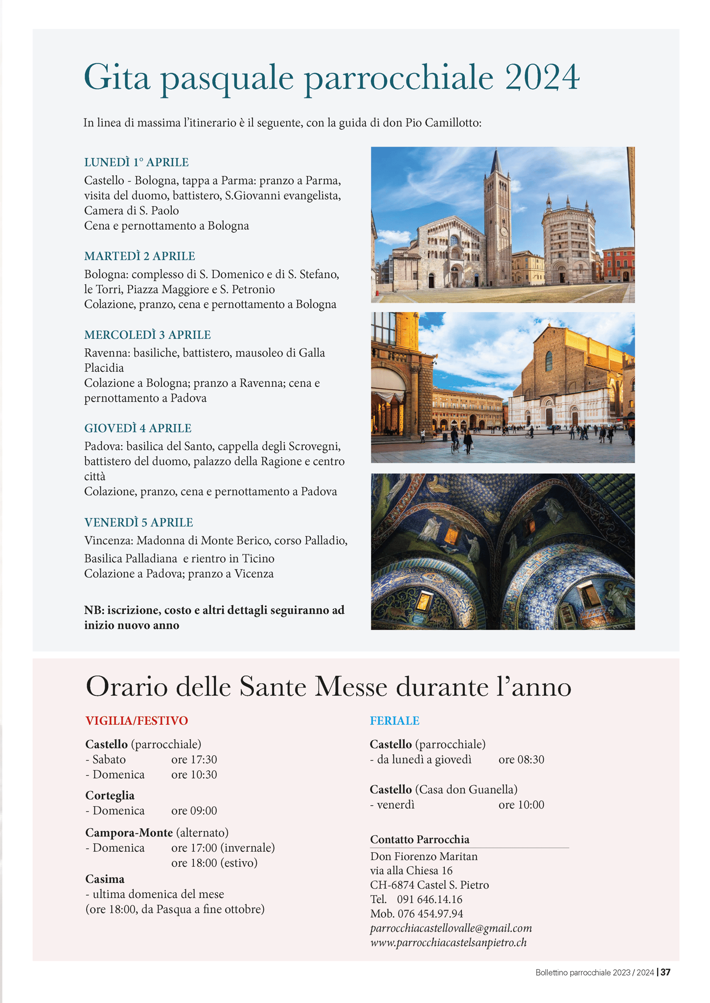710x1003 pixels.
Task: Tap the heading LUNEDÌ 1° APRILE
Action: coord(137,162)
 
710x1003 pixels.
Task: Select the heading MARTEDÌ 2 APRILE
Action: coord(139,256)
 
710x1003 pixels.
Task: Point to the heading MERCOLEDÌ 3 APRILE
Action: coord(147,335)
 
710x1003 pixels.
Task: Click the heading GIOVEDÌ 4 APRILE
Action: coord(137,429)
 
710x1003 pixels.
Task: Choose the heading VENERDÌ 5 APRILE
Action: coord(138,523)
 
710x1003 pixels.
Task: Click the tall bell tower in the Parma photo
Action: coord(497,220)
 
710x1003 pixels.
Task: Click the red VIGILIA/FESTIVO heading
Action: coord(137,721)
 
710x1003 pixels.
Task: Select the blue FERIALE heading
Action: coord(394,721)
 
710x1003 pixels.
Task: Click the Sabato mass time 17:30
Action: coord(194,760)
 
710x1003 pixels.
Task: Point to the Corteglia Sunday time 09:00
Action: coord(194,811)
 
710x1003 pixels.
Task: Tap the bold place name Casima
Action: coord(105,879)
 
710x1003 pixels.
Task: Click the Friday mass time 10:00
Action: coord(521,805)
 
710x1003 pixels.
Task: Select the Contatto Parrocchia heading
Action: coord(419,839)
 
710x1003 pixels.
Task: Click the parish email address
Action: coord(451,928)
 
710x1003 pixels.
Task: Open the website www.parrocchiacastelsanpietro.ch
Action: coord(448,942)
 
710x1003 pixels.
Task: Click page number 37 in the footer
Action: coord(665,973)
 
